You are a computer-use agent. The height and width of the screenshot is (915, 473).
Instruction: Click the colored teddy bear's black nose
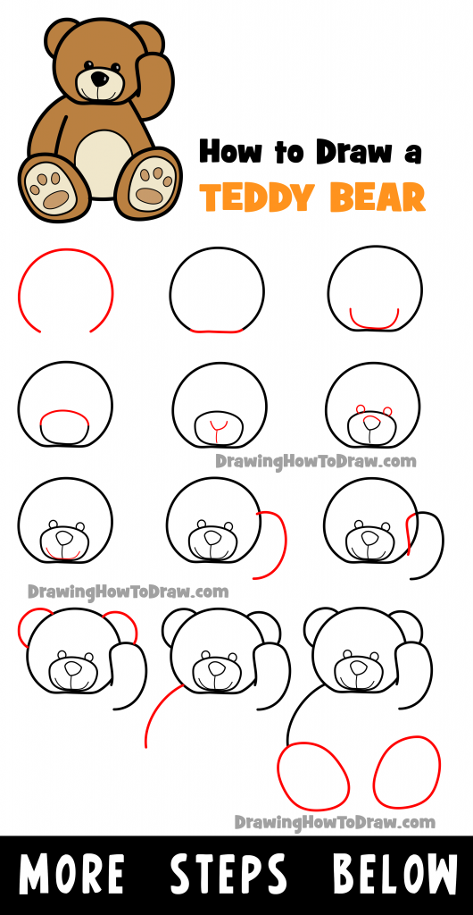click(x=98, y=80)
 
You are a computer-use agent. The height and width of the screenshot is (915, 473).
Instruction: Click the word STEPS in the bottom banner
click(x=230, y=875)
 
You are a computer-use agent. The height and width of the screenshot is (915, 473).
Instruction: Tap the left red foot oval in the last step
click(x=313, y=775)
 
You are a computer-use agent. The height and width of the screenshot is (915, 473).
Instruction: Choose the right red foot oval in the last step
click(x=407, y=772)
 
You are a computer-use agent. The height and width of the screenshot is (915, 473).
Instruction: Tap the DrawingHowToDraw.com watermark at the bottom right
click(x=335, y=821)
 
